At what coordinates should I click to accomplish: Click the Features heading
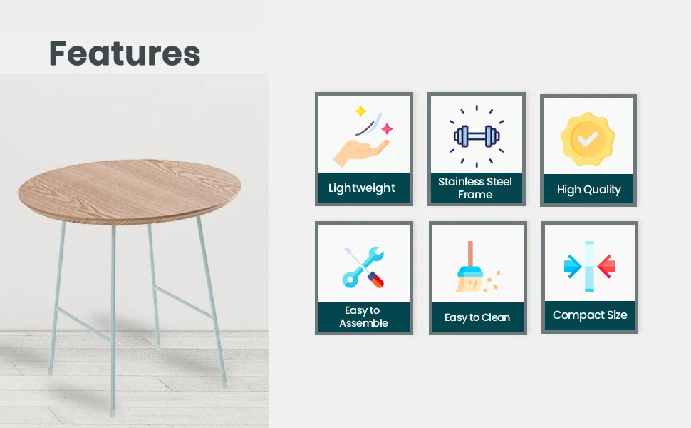tap(125, 53)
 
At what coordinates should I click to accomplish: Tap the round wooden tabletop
tap(130, 191)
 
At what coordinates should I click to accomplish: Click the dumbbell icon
tap(477, 136)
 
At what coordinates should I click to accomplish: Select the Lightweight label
tap(362, 188)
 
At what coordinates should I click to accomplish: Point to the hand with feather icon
tap(361, 136)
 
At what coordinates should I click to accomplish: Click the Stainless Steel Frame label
tap(475, 188)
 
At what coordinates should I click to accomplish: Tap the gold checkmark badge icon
tap(588, 139)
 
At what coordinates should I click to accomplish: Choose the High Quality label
tap(588, 190)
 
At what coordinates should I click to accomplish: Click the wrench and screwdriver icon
tap(363, 267)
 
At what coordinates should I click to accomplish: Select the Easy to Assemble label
tap(363, 317)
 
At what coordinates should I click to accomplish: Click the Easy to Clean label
tap(477, 317)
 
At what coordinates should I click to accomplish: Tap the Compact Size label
tap(590, 315)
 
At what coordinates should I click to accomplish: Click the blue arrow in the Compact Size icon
tap(573, 267)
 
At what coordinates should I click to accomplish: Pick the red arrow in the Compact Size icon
tap(606, 267)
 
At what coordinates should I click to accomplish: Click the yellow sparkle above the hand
tap(360, 111)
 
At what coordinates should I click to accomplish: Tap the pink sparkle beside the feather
tap(387, 129)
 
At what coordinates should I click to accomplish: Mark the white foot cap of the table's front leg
tap(113, 414)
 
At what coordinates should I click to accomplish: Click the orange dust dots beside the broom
tap(492, 282)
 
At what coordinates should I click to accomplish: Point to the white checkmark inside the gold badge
tap(588, 139)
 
